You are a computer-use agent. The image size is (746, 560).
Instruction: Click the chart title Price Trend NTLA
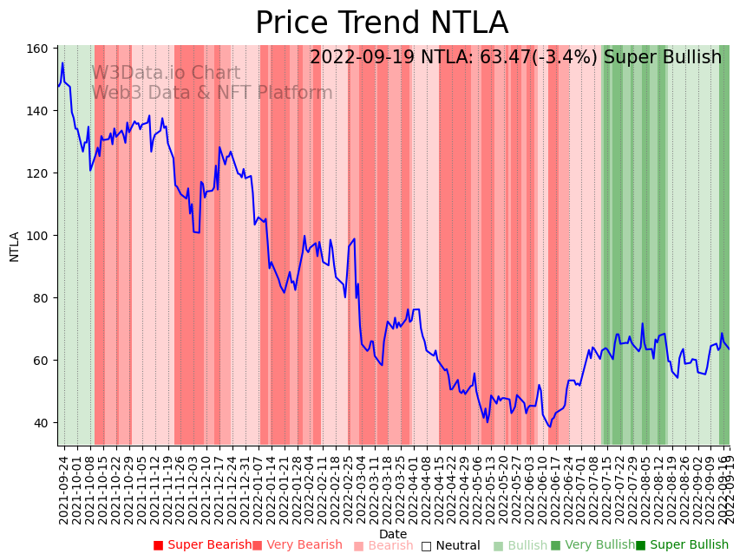(382, 23)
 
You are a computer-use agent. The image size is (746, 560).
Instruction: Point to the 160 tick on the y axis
(38, 49)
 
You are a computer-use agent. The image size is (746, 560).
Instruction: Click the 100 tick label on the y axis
(38, 236)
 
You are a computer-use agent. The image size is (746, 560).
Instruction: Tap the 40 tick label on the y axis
(42, 423)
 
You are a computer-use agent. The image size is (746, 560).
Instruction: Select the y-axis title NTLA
(15, 246)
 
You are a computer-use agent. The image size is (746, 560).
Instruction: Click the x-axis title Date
(393, 534)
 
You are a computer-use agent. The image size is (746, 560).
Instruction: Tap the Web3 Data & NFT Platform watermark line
(212, 93)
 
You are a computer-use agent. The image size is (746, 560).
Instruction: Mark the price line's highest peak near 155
(62, 62)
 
